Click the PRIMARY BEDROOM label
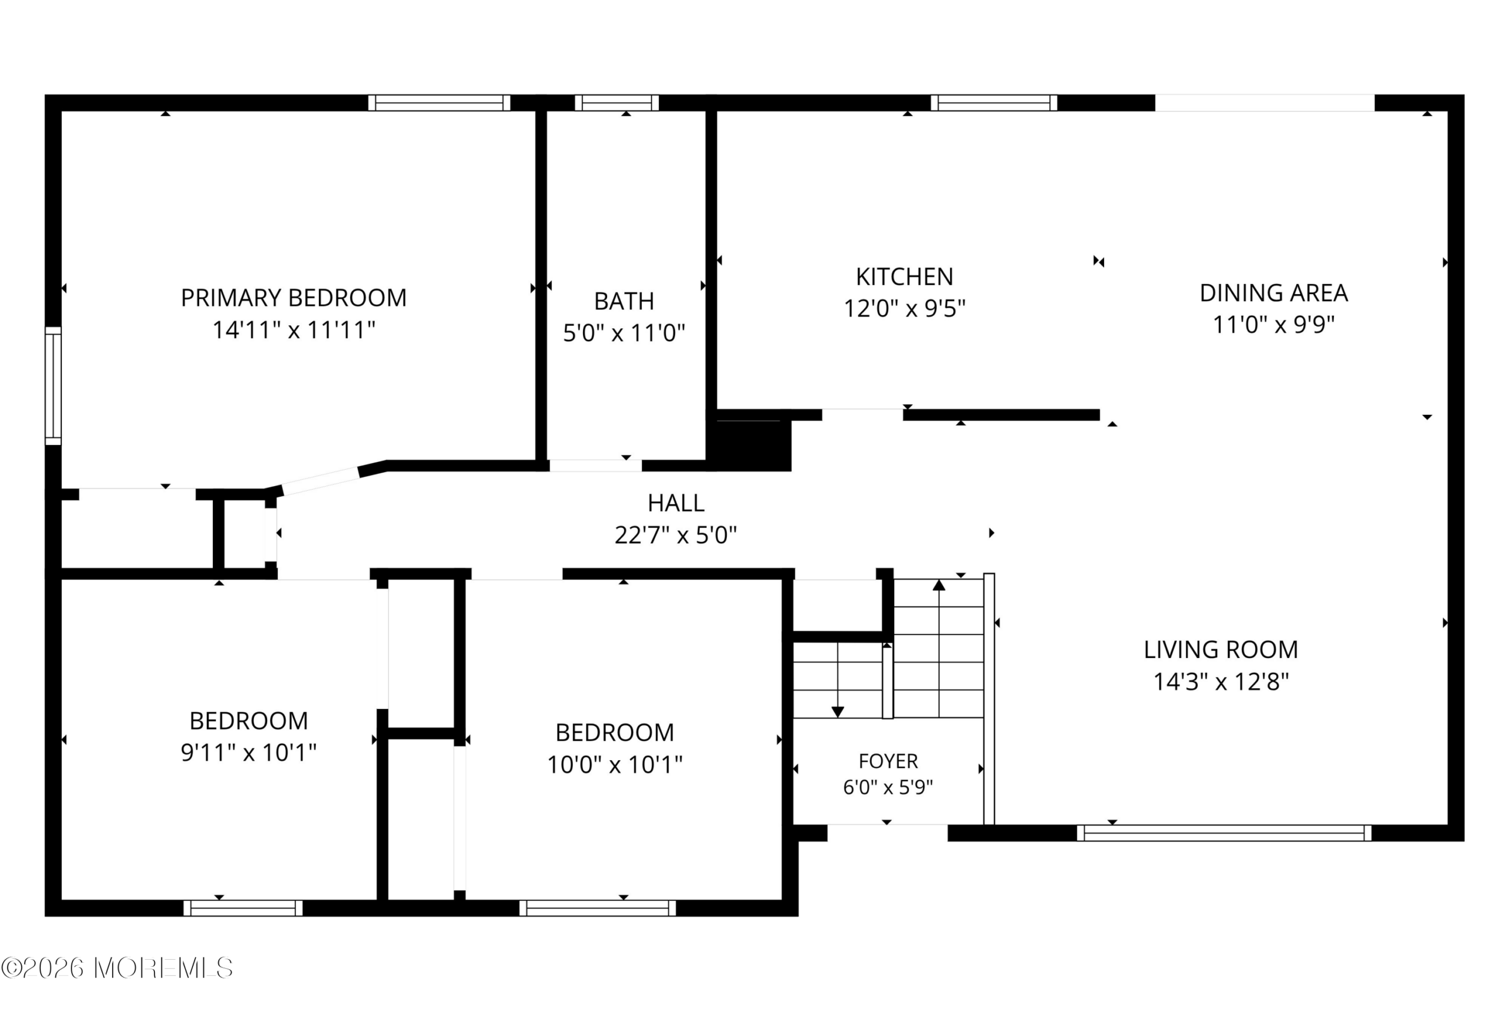pyautogui.click(x=294, y=298)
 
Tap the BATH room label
pyautogui.click(x=624, y=301)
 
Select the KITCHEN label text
pyautogui.click(x=904, y=277)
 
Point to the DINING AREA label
pyautogui.click(x=1274, y=293)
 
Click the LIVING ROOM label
pyautogui.click(x=1221, y=650)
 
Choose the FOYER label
pyautogui.click(x=888, y=761)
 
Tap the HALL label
pyautogui.click(x=676, y=503)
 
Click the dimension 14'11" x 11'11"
pyautogui.click(x=294, y=331)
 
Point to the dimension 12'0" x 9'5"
pyautogui.click(x=904, y=309)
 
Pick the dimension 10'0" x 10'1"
pyautogui.click(x=614, y=765)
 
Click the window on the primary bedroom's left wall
pyautogui.click(x=53, y=386)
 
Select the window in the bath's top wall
pyautogui.click(x=617, y=103)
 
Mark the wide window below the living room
pyautogui.click(x=1224, y=833)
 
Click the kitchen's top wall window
pyautogui.click(x=994, y=103)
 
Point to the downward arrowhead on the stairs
pyautogui.click(x=838, y=712)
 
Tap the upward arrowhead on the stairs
pyautogui.click(x=939, y=585)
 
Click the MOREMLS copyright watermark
pyautogui.click(x=117, y=968)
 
